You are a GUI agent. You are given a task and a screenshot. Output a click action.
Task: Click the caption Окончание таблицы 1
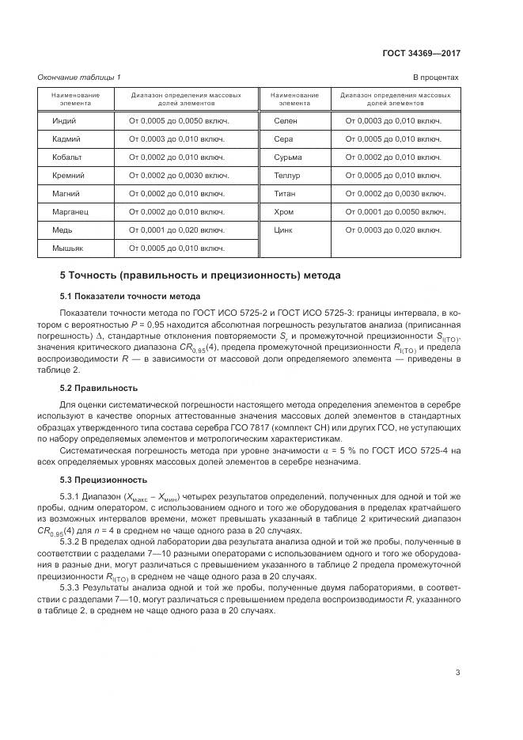(78, 77)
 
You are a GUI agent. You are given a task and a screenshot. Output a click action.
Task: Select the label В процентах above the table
(436, 77)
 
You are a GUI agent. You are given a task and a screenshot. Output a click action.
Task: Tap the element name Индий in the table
(65, 121)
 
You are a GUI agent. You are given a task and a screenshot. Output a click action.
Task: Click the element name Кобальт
(67, 157)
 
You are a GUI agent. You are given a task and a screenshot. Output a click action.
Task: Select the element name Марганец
(70, 212)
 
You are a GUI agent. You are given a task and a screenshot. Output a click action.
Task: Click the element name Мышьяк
(68, 249)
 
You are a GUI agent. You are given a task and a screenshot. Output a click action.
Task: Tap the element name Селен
(286, 121)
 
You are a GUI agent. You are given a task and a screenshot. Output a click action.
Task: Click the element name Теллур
(286, 176)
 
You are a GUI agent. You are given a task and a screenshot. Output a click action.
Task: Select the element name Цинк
(283, 230)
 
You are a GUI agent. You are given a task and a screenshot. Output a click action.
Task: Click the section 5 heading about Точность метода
(200, 276)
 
